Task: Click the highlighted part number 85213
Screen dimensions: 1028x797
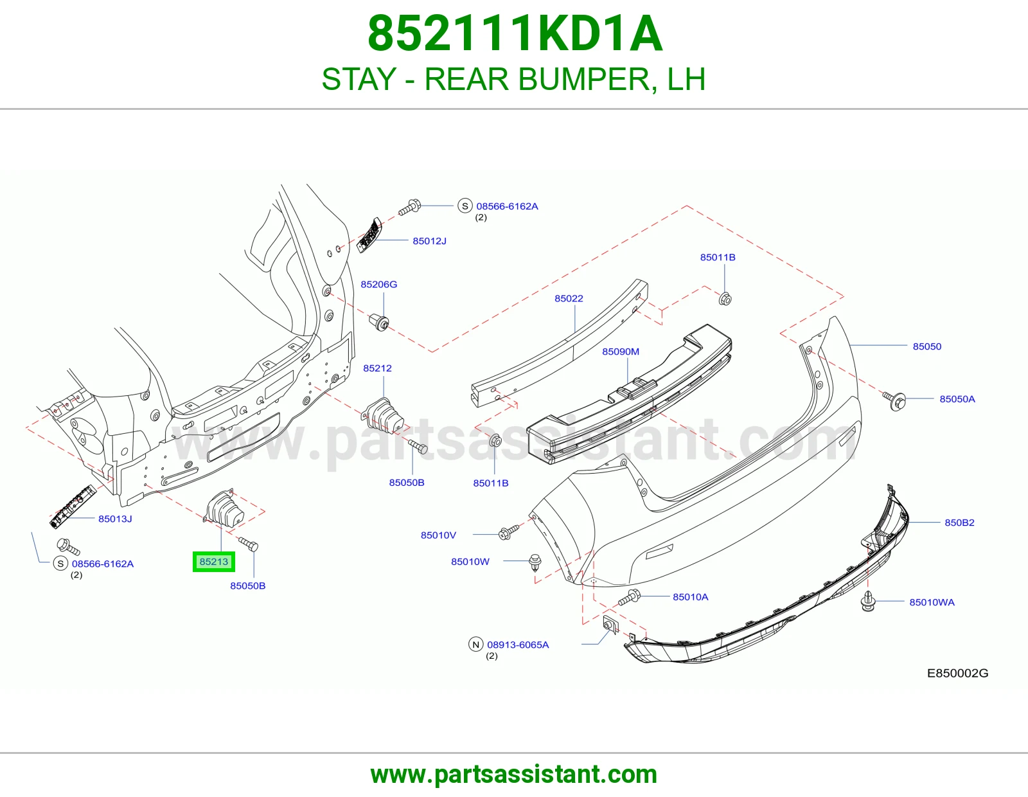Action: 214,562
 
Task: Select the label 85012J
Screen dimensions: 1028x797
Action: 430,241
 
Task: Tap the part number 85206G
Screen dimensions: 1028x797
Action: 379,285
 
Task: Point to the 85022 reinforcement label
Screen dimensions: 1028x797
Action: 569,299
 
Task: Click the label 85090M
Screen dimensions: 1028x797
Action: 621,352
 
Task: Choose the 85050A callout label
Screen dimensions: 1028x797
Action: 957,399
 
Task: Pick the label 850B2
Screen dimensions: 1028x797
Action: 959,523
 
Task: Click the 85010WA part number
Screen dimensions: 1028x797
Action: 932,602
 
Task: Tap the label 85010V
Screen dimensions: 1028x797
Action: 439,535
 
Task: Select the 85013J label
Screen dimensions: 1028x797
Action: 115,519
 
